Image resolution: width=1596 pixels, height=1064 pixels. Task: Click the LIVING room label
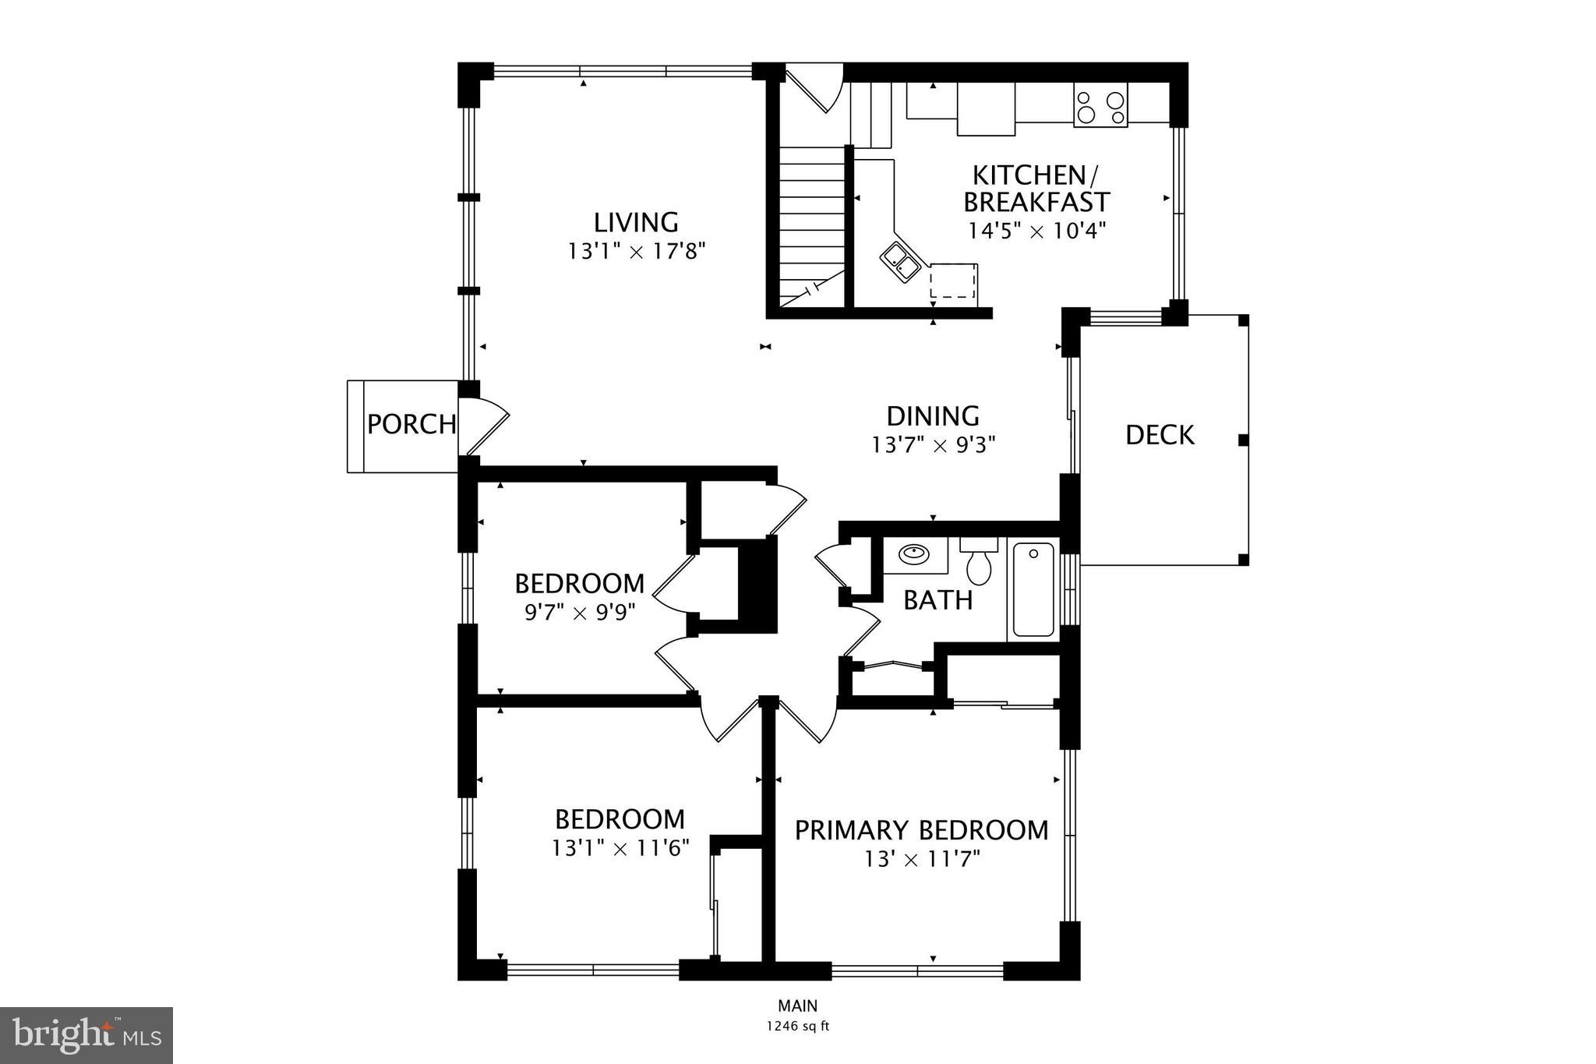click(x=636, y=223)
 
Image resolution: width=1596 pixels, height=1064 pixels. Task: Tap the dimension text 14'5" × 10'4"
click(x=1036, y=232)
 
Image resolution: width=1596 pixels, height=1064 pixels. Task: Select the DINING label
click(x=933, y=416)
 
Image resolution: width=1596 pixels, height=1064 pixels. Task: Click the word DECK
click(x=1160, y=435)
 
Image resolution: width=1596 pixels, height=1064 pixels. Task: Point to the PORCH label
click(x=411, y=425)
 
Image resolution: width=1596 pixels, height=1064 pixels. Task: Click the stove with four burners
click(x=1100, y=107)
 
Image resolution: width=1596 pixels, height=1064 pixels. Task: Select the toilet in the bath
click(x=979, y=563)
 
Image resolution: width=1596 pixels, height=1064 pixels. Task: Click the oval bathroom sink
click(x=913, y=555)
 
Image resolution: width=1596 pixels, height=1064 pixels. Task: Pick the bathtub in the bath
click(x=1033, y=590)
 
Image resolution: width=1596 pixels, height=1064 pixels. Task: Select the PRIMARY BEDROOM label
click(x=921, y=831)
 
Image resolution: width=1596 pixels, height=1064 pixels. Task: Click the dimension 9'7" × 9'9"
click(x=579, y=613)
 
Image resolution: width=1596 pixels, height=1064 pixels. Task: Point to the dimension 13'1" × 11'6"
click(x=620, y=848)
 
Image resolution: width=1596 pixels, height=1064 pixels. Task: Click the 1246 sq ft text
click(x=797, y=1027)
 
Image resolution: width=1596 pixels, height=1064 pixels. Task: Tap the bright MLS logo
click(x=87, y=1035)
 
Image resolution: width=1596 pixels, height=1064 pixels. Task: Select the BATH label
click(x=937, y=600)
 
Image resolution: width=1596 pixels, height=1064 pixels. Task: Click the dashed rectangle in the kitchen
click(x=953, y=281)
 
